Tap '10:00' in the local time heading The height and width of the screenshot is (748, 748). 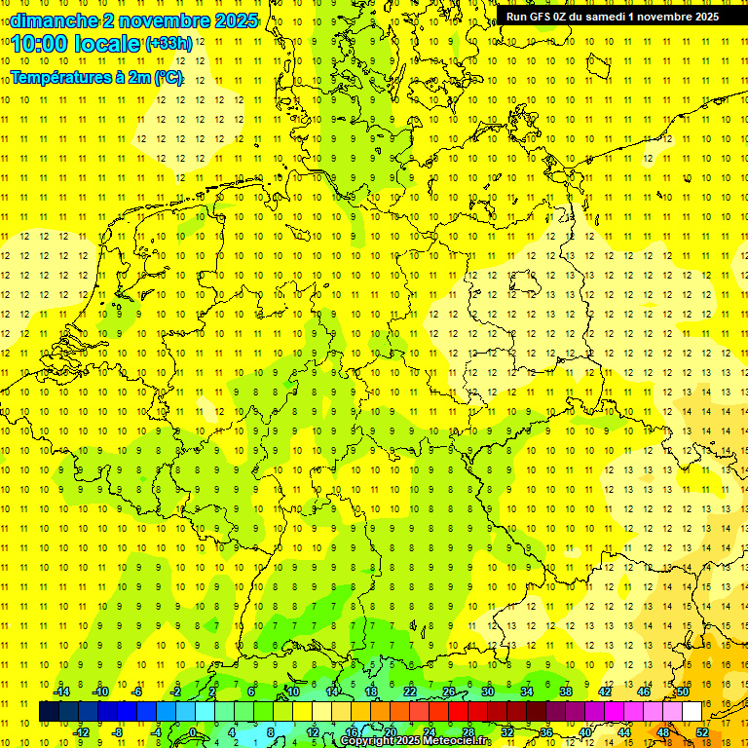pos(36,44)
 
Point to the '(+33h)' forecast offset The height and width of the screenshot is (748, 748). pos(168,44)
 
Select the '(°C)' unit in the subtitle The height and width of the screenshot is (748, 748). pos(168,77)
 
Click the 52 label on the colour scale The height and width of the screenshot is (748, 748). pos(702,731)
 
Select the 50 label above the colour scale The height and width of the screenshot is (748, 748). pos(683,692)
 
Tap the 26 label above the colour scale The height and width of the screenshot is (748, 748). pos(449,692)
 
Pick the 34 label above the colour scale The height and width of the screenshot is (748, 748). pos(527,692)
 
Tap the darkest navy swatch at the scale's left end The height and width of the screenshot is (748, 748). pos(49,712)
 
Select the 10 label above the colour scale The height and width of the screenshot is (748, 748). pos(293,692)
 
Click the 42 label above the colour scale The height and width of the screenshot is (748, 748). pos(605,692)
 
